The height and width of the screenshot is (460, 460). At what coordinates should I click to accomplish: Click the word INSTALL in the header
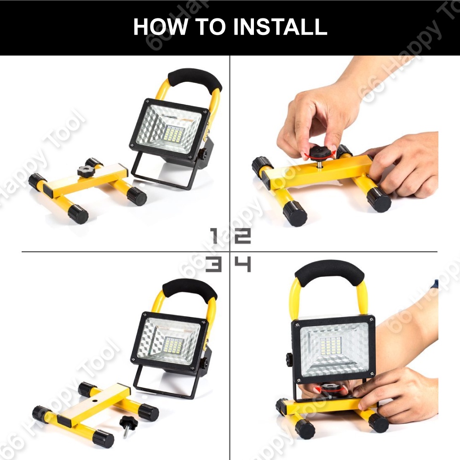(280, 27)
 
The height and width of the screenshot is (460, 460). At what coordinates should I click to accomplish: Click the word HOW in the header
(160, 27)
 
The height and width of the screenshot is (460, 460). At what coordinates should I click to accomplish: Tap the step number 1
(215, 236)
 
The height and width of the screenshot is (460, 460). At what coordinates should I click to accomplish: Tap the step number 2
(243, 236)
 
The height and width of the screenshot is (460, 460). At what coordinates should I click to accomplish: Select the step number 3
(213, 264)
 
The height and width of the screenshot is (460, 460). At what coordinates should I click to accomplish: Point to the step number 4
(243, 264)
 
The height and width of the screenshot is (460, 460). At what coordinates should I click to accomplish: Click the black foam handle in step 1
(195, 79)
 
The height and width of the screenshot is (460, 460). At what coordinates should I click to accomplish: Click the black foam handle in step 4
(329, 272)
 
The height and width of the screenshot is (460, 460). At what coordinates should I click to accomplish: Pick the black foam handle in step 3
(190, 289)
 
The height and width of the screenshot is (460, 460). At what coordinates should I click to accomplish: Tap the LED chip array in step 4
(332, 347)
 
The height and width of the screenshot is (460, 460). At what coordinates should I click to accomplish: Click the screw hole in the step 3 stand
(95, 401)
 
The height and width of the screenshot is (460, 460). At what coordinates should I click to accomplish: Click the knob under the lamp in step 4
(331, 389)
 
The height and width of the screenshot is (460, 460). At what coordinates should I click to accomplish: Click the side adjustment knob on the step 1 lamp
(203, 154)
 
